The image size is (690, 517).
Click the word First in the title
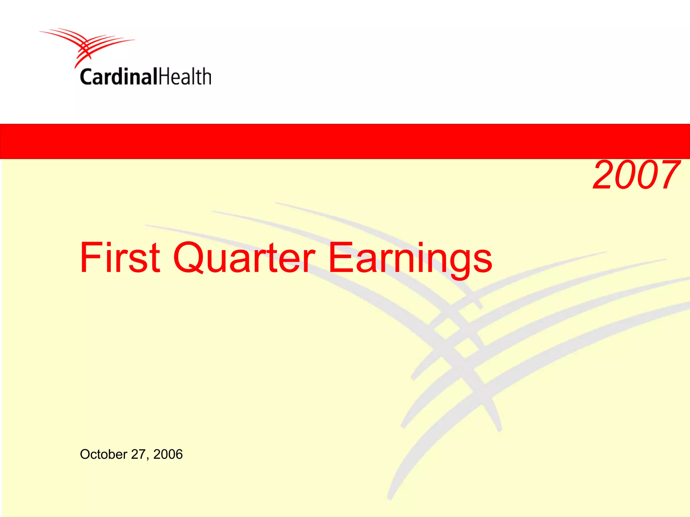(x=120, y=257)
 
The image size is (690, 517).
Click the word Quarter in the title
(x=244, y=257)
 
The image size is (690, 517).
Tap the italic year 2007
(x=636, y=175)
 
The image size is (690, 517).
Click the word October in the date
(x=103, y=454)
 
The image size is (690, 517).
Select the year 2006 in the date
(x=168, y=454)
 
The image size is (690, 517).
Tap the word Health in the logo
(x=185, y=77)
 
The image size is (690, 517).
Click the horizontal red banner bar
(x=345, y=141)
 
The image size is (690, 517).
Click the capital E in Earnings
(x=340, y=257)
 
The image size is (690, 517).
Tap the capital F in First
(x=88, y=257)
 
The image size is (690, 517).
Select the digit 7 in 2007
(x=669, y=175)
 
